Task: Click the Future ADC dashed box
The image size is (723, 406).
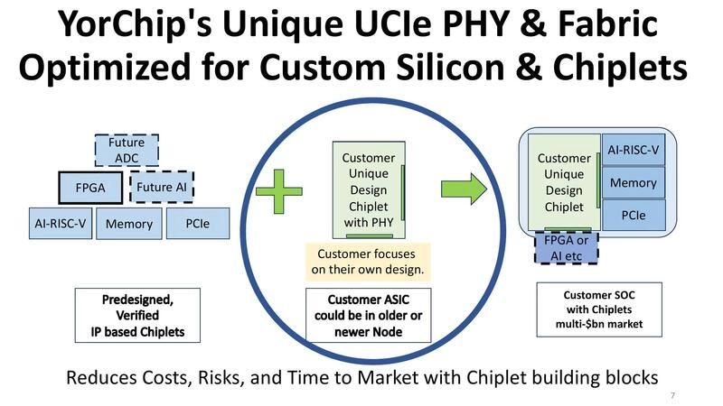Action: click(127, 150)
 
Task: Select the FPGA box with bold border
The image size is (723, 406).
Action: click(89, 189)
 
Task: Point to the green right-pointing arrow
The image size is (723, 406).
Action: click(464, 189)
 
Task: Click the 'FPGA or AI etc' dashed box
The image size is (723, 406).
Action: click(565, 247)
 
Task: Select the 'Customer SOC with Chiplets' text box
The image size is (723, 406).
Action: click(599, 309)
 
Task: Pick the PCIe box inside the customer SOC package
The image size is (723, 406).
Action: click(634, 217)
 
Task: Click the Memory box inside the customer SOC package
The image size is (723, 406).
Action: click(634, 183)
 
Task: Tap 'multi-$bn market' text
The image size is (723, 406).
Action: click(599, 324)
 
